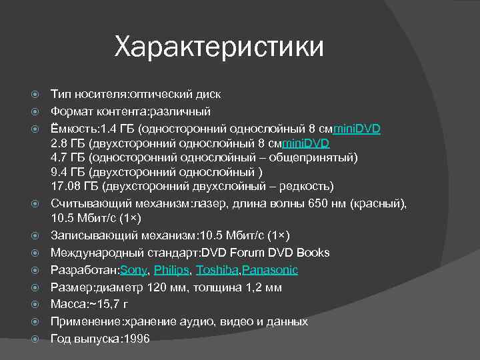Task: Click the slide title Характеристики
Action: (219, 47)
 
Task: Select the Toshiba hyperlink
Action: (218, 270)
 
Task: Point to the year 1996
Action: (136, 339)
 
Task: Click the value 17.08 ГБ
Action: (74, 185)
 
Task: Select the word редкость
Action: (306, 185)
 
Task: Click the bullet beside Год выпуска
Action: (38, 339)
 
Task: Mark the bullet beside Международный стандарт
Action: (38, 253)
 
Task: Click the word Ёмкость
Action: (72, 129)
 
